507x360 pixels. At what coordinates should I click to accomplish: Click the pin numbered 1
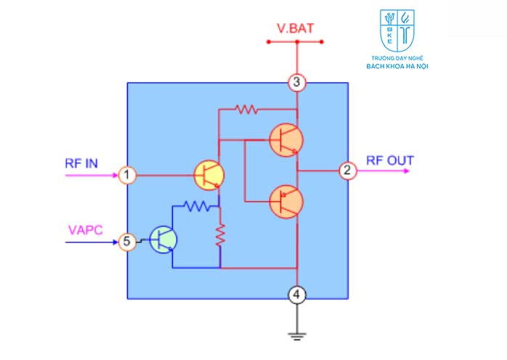click(x=126, y=175)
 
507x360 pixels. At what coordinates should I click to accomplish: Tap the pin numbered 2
click(x=348, y=171)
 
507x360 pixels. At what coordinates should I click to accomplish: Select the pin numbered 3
click(x=297, y=83)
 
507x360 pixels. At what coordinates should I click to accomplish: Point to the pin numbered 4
click(x=297, y=295)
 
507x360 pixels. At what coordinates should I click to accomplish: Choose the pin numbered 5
click(x=126, y=242)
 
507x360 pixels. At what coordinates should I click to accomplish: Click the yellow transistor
click(x=209, y=175)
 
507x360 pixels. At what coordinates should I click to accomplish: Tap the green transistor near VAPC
click(x=163, y=240)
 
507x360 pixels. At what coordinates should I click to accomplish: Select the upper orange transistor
click(x=286, y=140)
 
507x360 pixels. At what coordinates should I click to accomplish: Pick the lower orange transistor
click(x=286, y=202)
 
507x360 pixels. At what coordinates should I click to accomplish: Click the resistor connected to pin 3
click(x=247, y=110)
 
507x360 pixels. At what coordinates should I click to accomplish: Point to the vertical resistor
click(x=220, y=235)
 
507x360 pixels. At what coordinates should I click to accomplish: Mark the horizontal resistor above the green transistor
click(x=197, y=206)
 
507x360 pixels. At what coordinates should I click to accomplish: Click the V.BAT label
click(x=295, y=28)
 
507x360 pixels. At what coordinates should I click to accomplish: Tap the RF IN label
click(x=81, y=163)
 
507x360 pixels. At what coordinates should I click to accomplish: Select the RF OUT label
click(x=390, y=160)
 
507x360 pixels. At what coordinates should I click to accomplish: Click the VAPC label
click(x=86, y=230)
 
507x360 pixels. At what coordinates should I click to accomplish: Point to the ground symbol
click(x=297, y=336)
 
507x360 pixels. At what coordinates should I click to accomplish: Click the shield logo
click(x=397, y=30)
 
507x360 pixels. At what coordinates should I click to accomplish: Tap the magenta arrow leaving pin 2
click(x=384, y=171)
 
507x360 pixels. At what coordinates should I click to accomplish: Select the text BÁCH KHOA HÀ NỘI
click(x=397, y=66)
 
